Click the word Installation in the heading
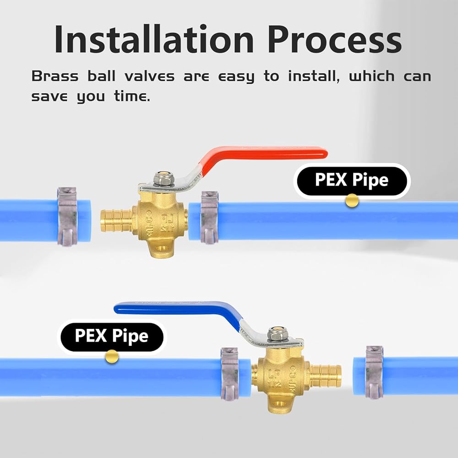[x=154, y=39]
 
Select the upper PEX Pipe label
[x=351, y=180]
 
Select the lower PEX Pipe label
[x=111, y=336]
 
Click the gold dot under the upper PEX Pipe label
[x=352, y=201]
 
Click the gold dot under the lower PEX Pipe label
[x=112, y=356]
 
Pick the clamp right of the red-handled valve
[x=209, y=217]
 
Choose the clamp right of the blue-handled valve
[x=374, y=373]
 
